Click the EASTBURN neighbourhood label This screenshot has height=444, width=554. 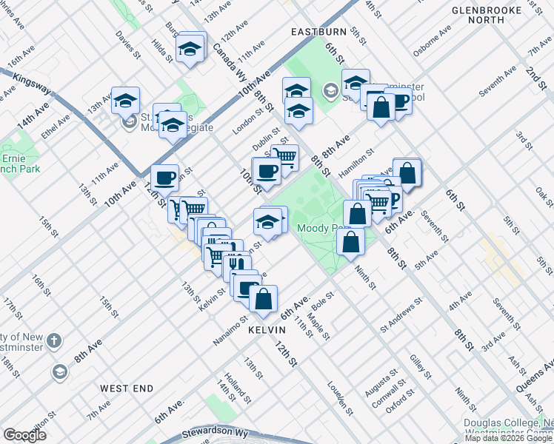click(x=318, y=33)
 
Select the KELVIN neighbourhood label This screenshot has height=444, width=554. click(x=267, y=329)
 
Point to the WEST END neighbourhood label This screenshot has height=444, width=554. click(x=127, y=388)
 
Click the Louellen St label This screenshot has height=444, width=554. click(x=341, y=397)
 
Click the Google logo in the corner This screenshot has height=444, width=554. click(x=24, y=435)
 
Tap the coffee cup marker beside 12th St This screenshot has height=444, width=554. click(x=164, y=178)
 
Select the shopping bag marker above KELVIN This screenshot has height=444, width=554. click(x=263, y=299)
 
